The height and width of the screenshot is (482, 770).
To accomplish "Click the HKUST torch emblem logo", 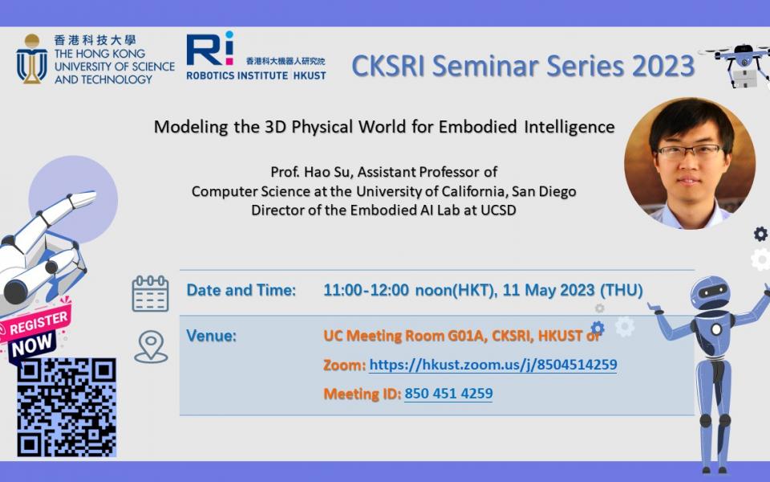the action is (x=32, y=59).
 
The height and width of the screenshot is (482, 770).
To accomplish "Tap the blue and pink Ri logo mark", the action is (x=209, y=49).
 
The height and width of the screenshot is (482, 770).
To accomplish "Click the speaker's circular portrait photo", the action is (x=690, y=163).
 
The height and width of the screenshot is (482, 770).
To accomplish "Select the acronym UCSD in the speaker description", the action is (x=498, y=210).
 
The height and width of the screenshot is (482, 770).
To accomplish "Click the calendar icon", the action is (x=150, y=294).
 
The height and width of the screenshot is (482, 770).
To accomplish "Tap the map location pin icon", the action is (x=151, y=347).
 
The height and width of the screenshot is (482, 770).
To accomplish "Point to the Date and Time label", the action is (x=241, y=290).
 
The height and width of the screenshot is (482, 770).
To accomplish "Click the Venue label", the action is (x=211, y=336).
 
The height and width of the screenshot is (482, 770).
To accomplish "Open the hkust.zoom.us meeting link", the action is (x=493, y=365).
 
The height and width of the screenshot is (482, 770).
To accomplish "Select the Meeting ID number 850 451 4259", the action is (x=448, y=394).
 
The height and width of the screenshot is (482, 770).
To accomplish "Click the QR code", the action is (x=67, y=407).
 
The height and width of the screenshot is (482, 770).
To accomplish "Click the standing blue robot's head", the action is (x=710, y=292).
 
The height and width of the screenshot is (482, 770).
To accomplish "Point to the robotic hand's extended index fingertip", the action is (x=90, y=198).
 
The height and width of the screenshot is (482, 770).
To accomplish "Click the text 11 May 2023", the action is (x=549, y=290).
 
